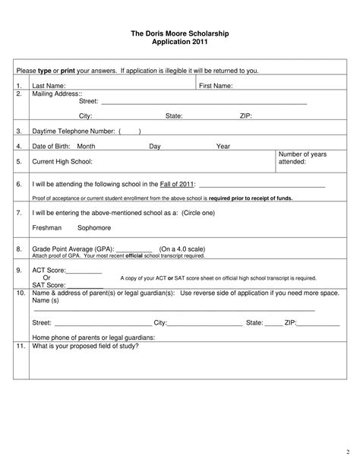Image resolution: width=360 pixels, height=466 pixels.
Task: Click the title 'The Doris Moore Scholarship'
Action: coord(179,35)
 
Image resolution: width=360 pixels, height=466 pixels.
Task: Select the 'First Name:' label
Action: coord(216,86)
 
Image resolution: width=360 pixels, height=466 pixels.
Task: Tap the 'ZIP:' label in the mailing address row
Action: coord(246,116)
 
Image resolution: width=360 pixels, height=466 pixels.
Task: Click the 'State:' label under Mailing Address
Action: coord(174,116)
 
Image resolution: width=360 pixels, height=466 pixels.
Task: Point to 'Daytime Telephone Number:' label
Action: coord(73,132)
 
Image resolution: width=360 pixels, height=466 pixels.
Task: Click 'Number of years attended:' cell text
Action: coord(302,158)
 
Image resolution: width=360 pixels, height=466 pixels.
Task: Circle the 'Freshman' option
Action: coord(46,227)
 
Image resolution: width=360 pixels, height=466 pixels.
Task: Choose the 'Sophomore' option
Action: coord(94,227)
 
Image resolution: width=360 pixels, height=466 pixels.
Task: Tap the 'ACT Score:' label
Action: coord(49,270)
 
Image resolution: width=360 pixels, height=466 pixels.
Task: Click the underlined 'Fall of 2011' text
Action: coord(178,184)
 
